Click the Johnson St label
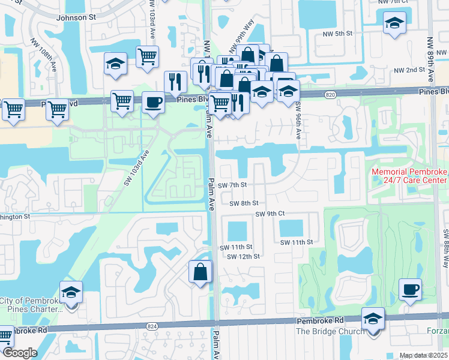[x=76, y=17]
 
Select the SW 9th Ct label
[x=269, y=214]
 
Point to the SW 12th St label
[x=244, y=256]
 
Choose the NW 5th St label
[x=335, y=33]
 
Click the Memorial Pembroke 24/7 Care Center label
[x=409, y=176]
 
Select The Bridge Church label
[x=330, y=331]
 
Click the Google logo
[x=20, y=353]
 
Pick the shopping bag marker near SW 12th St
[x=200, y=272]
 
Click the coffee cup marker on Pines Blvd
[x=154, y=102]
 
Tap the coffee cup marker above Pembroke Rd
[x=410, y=290]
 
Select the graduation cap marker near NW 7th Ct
[x=394, y=23]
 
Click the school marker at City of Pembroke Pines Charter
[x=71, y=292]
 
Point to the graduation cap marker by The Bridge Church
[x=373, y=319]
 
